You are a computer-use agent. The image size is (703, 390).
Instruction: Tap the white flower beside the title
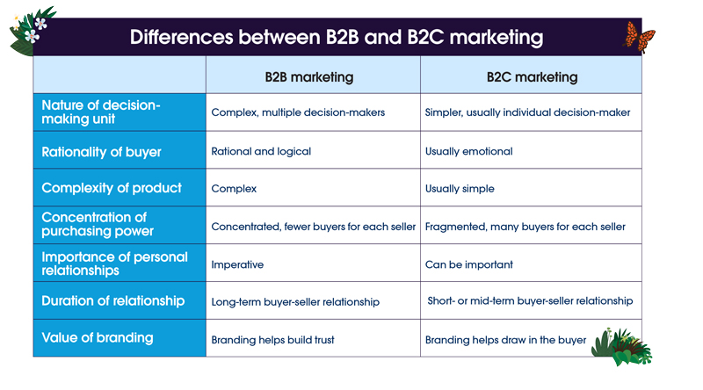click(33, 35)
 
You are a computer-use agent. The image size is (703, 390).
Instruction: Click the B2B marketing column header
click(309, 77)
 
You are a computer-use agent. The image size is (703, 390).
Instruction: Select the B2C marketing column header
click(532, 77)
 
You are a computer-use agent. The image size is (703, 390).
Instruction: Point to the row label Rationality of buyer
click(102, 152)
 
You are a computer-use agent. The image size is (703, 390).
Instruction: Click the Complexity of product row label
click(112, 188)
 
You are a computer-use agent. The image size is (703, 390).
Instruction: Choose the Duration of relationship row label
click(113, 300)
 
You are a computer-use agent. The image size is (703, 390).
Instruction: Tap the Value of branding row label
click(98, 338)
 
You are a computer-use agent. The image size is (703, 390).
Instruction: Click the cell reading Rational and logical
click(261, 152)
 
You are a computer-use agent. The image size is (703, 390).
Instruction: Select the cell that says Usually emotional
click(468, 152)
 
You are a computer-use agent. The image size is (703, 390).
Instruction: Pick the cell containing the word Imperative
click(237, 264)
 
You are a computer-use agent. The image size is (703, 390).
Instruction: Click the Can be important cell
click(468, 264)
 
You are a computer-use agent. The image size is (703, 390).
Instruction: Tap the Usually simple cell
click(460, 189)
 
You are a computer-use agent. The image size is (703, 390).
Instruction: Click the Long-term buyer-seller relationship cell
click(295, 302)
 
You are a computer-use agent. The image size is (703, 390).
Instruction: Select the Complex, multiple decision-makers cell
click(298, 113)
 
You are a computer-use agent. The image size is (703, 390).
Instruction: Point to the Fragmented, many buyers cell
click(525, 227)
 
